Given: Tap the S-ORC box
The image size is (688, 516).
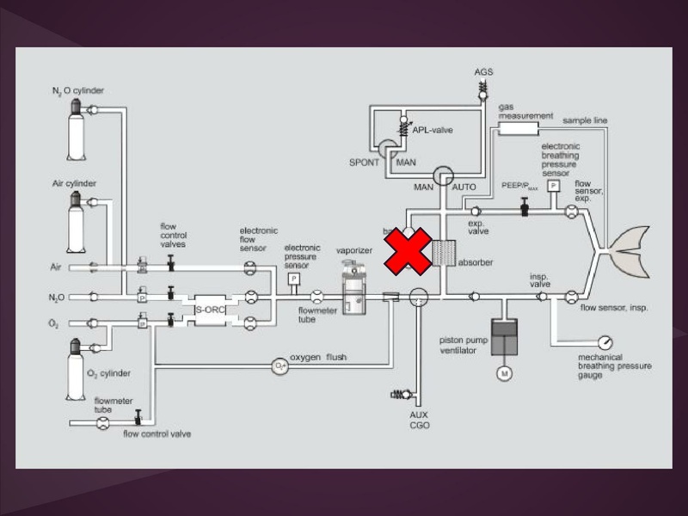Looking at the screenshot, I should (x=209, y=309).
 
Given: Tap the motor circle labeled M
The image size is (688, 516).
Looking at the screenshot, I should (x=506, y=373).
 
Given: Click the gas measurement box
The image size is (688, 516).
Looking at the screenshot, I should (x=519, y=128).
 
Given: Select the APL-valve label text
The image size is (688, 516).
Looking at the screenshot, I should (x=433, y=130).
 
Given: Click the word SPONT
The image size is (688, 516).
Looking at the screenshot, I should (x=364, y=163).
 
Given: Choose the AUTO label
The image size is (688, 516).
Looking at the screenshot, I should (x=464, y=187).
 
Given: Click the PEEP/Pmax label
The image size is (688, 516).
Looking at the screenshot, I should (x=519, y=185).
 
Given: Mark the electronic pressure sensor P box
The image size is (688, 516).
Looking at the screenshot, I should (x=294, y=279).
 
